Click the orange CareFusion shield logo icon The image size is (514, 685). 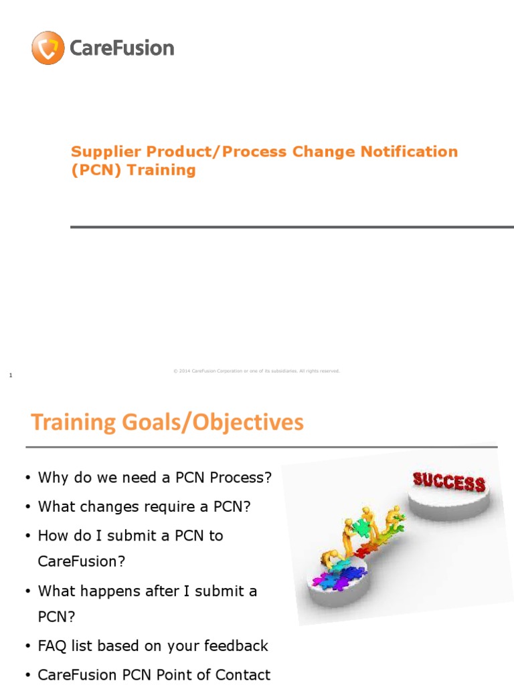pos(48,48)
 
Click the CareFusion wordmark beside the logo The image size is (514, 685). pos(121,48)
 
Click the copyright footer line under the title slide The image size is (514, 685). pos(256,371)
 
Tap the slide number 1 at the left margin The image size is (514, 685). pos(11,376)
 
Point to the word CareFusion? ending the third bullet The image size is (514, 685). pos(82,561)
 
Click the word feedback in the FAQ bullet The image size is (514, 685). pos(240,646)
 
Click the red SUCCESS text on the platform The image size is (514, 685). pos(448,482)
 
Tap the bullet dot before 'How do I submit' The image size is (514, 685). pos(27,536)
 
